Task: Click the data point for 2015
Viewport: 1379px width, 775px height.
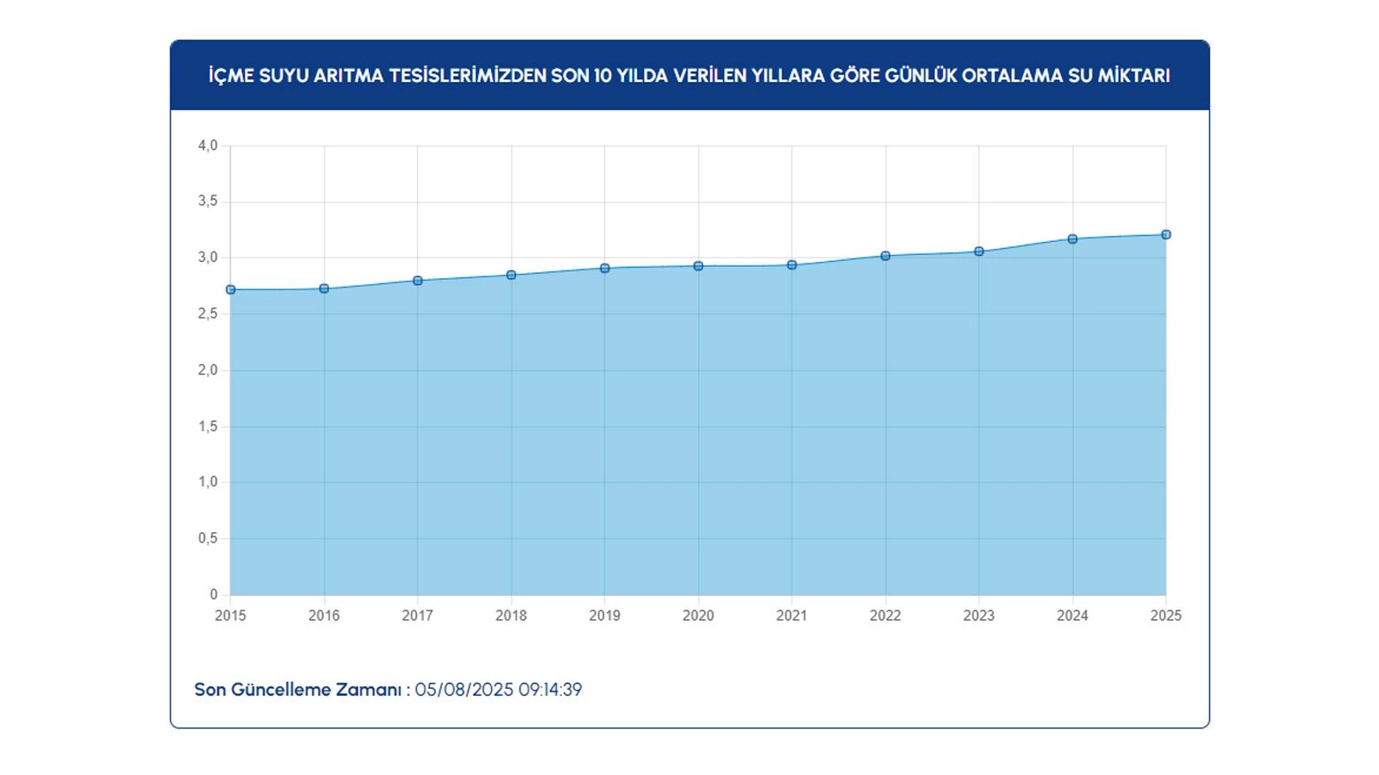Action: click(x=230, y=289)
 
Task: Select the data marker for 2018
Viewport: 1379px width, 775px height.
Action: click(x=511, y=275)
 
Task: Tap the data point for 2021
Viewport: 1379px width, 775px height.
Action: click(x=792, y=265)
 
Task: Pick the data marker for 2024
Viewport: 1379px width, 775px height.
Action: click(x=1072, y=239)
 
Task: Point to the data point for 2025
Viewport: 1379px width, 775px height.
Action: click(x=1166, y=234)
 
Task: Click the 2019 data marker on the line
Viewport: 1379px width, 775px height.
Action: click(x=605, y=268)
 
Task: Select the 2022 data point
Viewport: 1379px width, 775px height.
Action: click(x=885, y=256)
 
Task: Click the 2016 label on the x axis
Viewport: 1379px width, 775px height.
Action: click(x=324, y=616)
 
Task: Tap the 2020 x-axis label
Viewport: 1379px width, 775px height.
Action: click(x=698, y=616)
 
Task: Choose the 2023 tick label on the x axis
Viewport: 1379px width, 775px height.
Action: click(x=979, y=616)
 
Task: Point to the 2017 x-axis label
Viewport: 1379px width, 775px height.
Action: click(x=417, y=616)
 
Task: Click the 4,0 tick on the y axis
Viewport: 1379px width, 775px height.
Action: click(x=208, y=146)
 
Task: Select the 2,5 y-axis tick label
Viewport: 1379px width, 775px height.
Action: click(x=208, y=314)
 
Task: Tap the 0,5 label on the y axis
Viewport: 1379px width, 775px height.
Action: click(x=208, y=538)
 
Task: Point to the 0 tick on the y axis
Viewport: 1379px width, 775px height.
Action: click(x=214, y=594)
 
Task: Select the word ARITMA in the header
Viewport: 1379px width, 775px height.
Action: click(x=349, y=76)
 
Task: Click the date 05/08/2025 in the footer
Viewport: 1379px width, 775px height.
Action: click(x=464, y=690)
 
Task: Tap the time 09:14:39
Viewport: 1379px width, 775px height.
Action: click(x=550, y=690)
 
